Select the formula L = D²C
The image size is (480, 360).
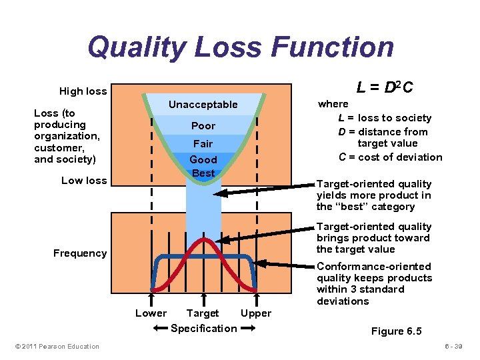(385, 87)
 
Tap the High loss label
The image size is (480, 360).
(83, 91)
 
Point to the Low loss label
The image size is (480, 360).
(83, 180)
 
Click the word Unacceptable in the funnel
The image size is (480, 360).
(203, 105)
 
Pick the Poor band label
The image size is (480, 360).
(203, 126)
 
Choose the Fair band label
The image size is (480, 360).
(203, 143)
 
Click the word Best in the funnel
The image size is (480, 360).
(203, 173)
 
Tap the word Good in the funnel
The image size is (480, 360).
(203, 160)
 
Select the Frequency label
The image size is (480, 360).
(80, 253)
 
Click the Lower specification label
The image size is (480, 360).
(151, 313)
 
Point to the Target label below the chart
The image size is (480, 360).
(203, 313)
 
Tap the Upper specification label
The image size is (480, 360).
(256, 313)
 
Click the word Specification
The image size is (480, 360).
(203, 328)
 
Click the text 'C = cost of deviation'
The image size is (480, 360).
(390, 157)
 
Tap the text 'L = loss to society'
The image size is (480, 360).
(385, 118)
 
